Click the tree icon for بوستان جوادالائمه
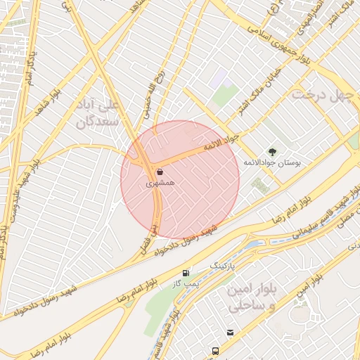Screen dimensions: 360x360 click(272, 152)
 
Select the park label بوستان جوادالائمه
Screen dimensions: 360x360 click(271, 163)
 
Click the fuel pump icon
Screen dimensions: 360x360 click(186, 272)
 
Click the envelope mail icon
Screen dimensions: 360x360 click(230, 333)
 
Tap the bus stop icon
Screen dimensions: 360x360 click(215, 350)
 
